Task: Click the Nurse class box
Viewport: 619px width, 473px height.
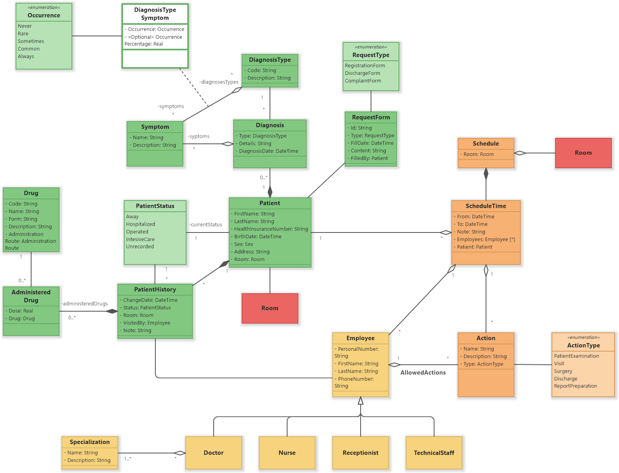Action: [x=287, y=453]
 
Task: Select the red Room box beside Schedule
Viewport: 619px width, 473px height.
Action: [x=583, y=153]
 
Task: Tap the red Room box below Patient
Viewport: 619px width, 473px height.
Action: [x=270, y=308]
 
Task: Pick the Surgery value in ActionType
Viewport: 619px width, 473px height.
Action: [x=563, y=371]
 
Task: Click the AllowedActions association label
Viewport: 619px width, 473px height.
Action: [x=423, y=373]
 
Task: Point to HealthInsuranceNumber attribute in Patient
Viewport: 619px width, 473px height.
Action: [x=271, y=229]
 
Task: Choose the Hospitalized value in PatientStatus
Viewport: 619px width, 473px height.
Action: [x=141, y=224]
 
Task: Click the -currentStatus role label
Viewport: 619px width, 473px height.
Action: [x=206, y=225]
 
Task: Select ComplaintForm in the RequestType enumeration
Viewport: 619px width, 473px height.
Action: [x=363, y=81]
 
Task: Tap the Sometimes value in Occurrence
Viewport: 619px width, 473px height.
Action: [x=31, y=41]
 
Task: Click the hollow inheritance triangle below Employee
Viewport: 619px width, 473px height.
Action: [x=361, y=401]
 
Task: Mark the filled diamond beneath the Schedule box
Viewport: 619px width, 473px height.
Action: [x=486, y=174]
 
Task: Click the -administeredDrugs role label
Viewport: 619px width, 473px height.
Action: [x=85, y=304]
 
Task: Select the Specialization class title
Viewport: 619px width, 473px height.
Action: [x=89, y=442]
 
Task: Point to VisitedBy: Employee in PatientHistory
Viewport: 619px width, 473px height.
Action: [x=147, y=323]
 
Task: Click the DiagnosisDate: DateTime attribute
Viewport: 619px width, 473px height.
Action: [x=268, y=151]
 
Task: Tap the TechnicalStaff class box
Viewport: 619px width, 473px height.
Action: [x=434, y=453]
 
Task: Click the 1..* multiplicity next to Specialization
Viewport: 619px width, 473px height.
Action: [x=128, y=459]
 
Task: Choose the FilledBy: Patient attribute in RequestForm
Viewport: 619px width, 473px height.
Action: [x=369, y=158]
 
